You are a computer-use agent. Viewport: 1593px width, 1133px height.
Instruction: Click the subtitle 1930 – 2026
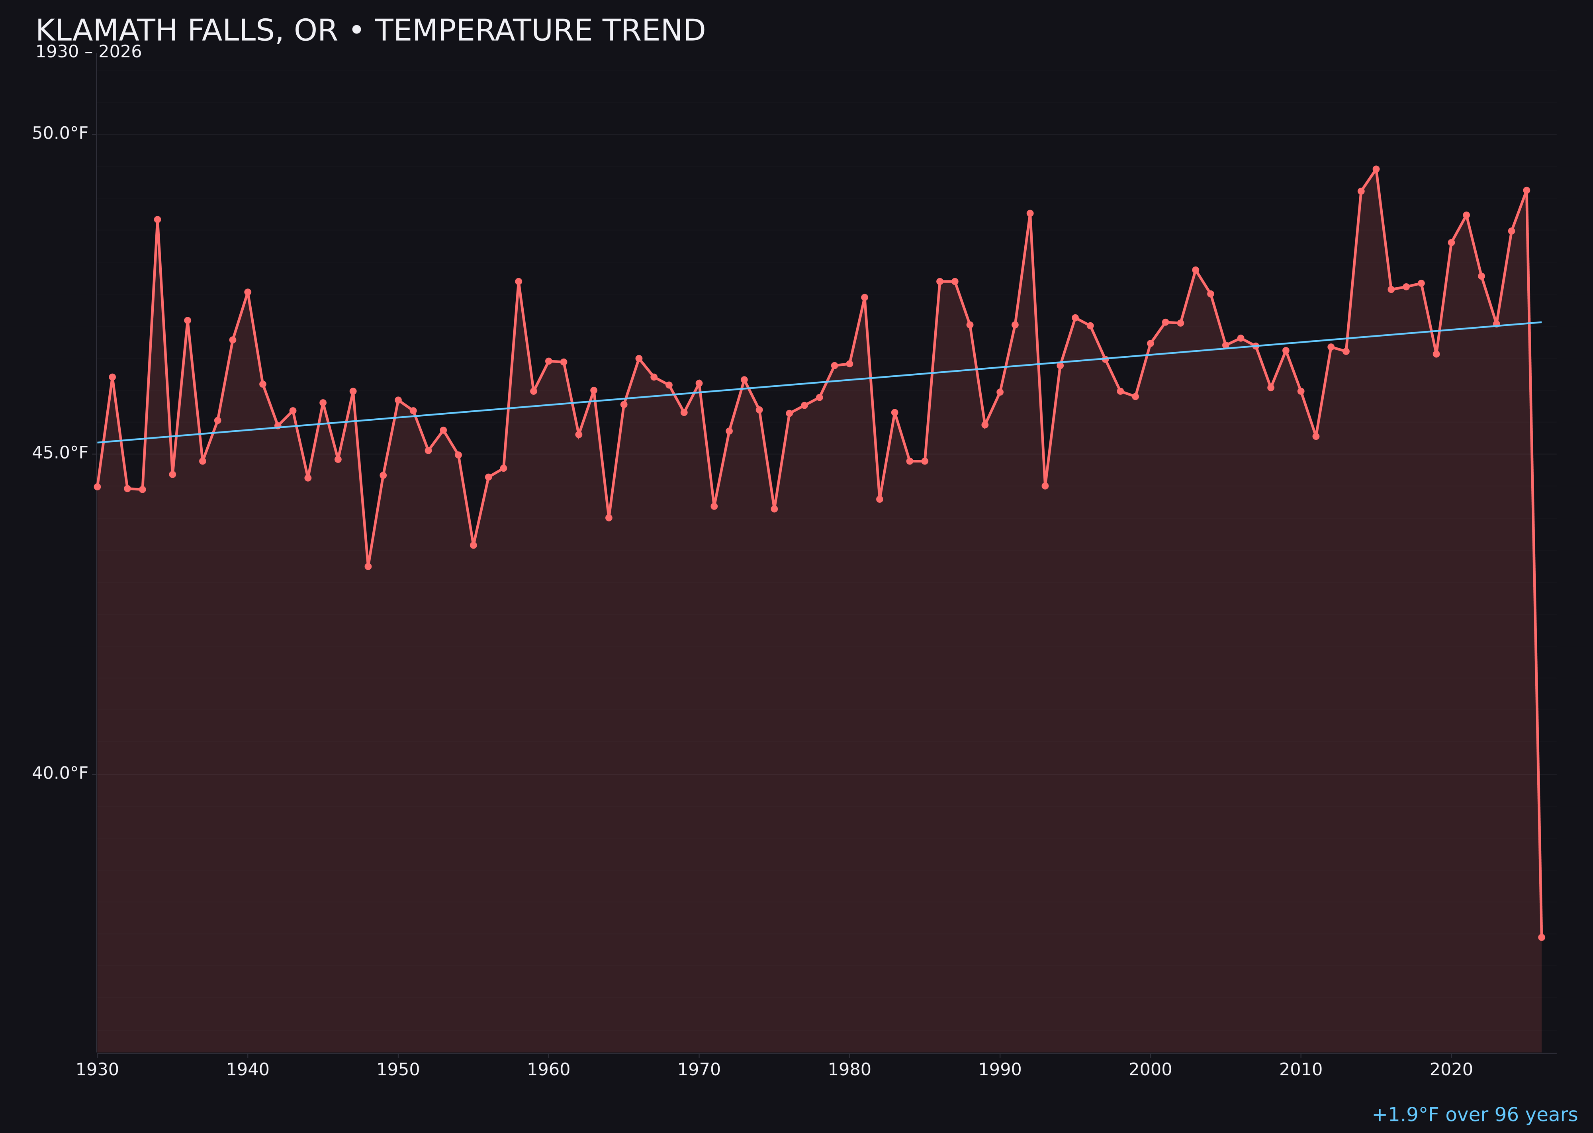click(88, 52)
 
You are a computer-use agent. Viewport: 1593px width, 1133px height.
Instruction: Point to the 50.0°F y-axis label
click(60, 133)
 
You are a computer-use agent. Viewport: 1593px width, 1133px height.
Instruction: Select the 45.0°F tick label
click(60, 453)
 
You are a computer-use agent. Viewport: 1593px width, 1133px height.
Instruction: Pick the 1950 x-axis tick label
click(398, 1070)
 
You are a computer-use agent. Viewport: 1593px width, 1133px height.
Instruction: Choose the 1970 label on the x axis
click(699, 1070)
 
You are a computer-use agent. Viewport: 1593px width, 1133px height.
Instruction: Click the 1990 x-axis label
click(1000, 1070)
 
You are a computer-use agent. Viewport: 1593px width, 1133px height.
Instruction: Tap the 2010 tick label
click(1301, 1070)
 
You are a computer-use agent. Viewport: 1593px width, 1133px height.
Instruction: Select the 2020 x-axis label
click(1451, 1070)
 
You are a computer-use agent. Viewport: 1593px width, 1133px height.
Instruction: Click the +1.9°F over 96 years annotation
click(1474, 1115)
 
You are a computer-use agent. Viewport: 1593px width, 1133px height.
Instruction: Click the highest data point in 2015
click(1376, 169)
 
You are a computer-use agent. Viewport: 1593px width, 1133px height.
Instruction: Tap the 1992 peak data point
click(1030, 214)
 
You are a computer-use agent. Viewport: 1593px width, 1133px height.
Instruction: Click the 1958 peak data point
click(518, 282)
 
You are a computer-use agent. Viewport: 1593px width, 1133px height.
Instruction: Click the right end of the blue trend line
click(1541, 322)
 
